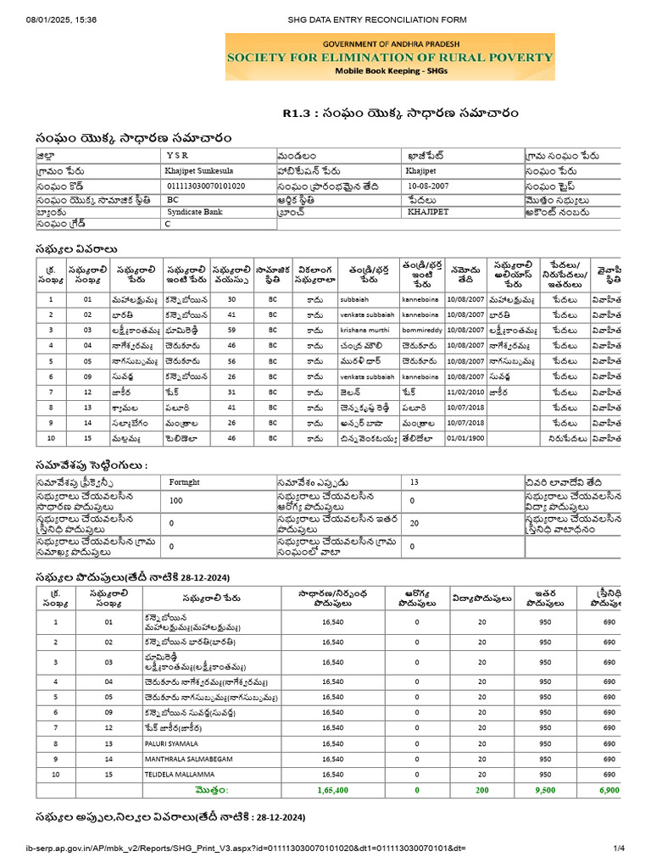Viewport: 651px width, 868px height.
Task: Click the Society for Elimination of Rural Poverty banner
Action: tap(389, 58)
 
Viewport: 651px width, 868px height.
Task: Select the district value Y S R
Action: tap(179, 156)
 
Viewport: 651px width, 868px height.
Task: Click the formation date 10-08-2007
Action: tap(430, 185)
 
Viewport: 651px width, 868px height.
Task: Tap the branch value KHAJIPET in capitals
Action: tap(428, 212)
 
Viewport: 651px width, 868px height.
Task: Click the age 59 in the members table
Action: tap(231, 330)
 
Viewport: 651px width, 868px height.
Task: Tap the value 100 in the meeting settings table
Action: tap(175, 500)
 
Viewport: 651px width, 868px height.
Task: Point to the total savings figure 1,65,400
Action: tap(332, 790)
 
